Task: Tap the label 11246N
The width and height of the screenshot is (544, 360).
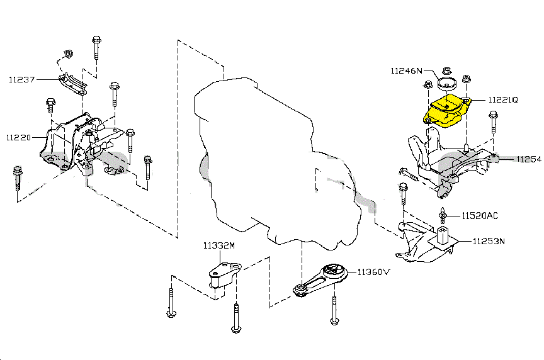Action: click(407, 71)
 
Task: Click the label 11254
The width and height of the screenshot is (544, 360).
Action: click(529, 160)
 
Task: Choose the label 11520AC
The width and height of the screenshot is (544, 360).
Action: click(480, 216)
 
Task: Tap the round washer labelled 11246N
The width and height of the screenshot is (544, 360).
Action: click(447, 84)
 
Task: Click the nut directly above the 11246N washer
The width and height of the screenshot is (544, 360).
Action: click(446, 70)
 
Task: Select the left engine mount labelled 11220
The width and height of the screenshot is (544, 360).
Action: click(72, 142)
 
